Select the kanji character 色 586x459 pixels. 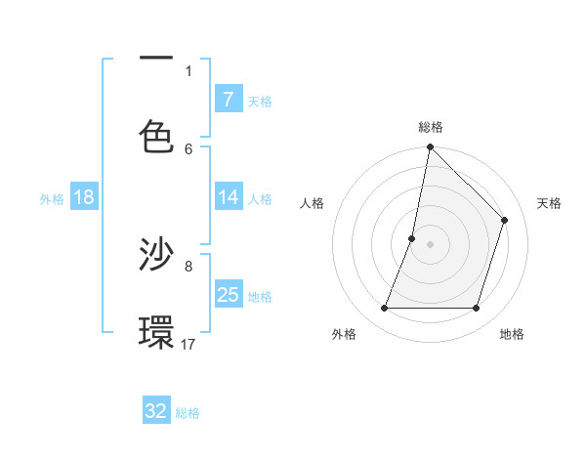156,136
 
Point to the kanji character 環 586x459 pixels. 156,333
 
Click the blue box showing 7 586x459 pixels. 228,99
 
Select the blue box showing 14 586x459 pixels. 228,197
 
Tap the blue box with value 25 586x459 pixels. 228,295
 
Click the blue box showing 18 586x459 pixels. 84,197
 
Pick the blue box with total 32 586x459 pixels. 156,411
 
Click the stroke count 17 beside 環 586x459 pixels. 188,344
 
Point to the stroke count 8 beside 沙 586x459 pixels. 188,265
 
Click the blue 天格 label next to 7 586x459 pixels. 260,101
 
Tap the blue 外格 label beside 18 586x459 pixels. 52,199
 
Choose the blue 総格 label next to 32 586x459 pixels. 188,413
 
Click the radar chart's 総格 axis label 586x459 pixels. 430,127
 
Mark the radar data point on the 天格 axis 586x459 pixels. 505,220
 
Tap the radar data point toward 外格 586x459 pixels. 384,309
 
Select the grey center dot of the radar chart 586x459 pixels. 430,244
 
